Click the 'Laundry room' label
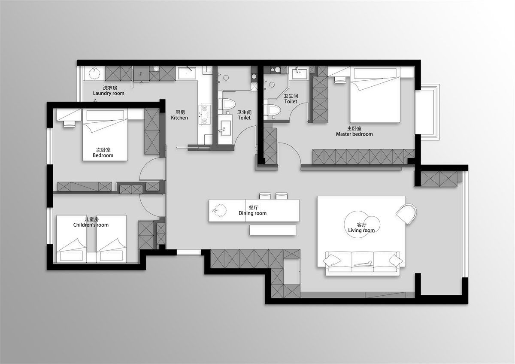[109, 93]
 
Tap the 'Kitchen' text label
[179, 118]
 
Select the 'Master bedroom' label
[354, 134]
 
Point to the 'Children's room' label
[91, 225]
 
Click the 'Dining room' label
[252, 213]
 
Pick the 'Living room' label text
[361, 231]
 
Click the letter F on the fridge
[141, 74]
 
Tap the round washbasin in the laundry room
[94, 73]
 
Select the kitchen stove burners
[205, 115]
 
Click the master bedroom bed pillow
[375, 73]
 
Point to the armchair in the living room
[406, 214]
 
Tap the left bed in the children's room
[72, 239]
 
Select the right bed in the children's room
[112, 239]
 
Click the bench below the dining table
[273, 230]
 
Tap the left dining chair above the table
[265, 196]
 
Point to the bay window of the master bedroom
[427, 112]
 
